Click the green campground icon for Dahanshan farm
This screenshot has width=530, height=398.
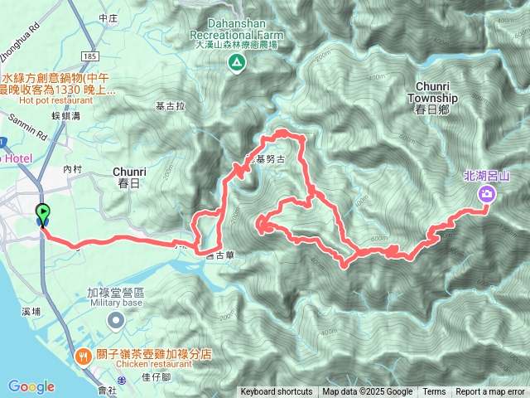coord(238,62)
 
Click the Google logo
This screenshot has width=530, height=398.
coord(31,386)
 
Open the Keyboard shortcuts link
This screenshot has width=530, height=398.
coord(277,392)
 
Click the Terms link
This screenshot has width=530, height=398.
coord(434,392)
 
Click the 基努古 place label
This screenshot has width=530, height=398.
coord(270,158)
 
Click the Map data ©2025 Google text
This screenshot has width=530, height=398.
coord(367,392)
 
